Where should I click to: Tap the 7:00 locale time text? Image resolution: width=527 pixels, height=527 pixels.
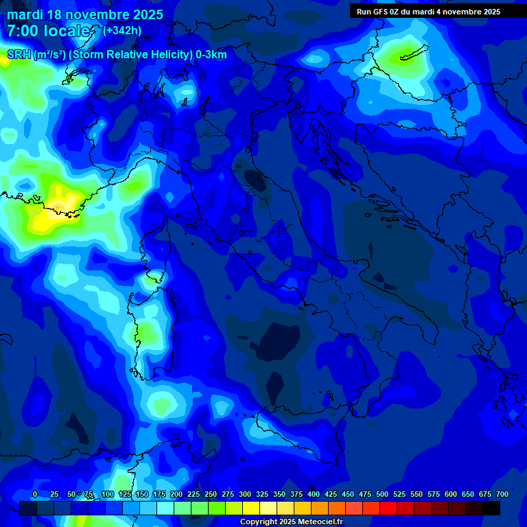click(x=48, y=31)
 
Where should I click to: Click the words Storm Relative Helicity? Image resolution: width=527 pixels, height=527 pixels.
click(x=130, y=55)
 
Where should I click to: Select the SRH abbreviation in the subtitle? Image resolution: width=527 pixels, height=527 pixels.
click(x=19, y=55)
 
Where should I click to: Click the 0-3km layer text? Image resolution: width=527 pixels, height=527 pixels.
click(x=211, y=55)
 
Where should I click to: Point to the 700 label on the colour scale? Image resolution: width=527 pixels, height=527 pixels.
click(x=502, y=494)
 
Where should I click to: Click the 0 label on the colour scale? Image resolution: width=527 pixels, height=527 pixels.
click(x=35, y=494)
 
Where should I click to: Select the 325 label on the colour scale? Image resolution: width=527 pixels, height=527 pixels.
click(x=262, y=494)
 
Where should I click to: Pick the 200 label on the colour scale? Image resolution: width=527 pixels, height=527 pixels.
click(x=176, y=494)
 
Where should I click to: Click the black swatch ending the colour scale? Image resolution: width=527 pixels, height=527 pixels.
click(x=491, y=508)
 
